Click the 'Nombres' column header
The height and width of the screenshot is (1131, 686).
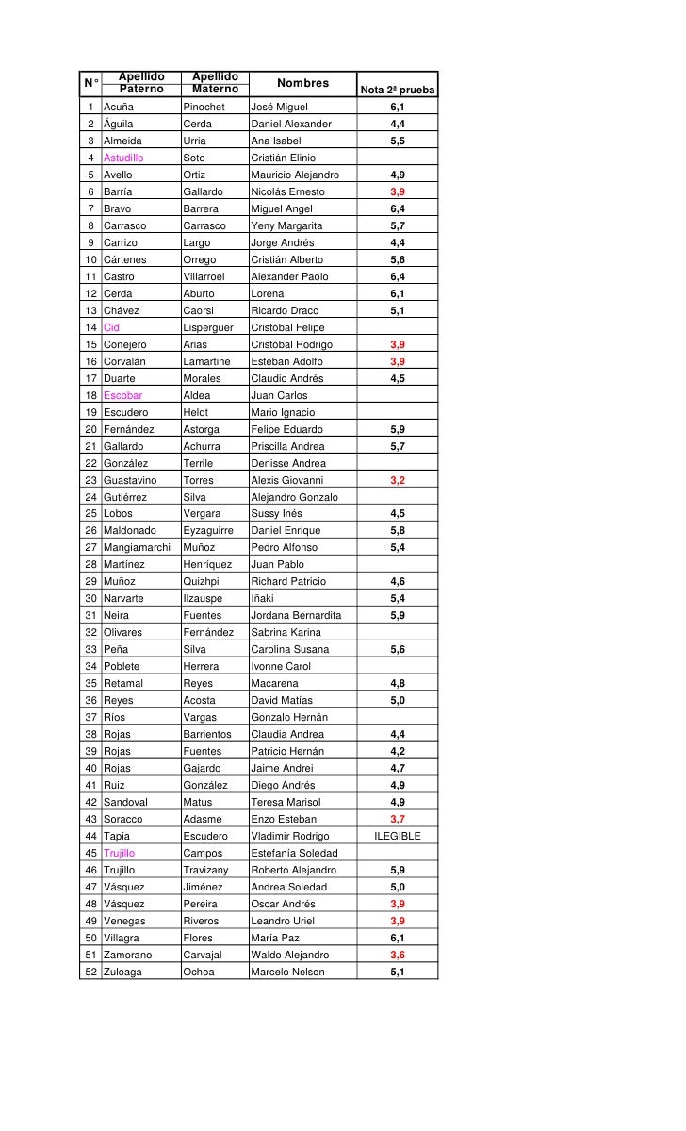302,83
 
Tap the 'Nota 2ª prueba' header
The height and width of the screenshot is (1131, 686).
397,91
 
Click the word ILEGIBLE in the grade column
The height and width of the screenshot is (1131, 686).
398,836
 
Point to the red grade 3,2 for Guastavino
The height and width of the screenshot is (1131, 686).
398,480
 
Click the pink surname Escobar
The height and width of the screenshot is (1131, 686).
122,395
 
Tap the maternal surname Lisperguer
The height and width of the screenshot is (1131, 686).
208,327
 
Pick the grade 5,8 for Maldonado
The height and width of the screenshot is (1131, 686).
398,531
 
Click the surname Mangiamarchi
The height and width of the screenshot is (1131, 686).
137,547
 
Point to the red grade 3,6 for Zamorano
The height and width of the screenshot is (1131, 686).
398,955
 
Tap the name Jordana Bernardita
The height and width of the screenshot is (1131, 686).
296,615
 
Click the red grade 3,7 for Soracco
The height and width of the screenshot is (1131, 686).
398,819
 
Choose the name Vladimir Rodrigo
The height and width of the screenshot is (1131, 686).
290,836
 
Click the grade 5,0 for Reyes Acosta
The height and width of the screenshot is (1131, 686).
398,700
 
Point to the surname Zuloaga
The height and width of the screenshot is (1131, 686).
123,972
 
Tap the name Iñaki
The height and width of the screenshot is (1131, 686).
265,598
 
